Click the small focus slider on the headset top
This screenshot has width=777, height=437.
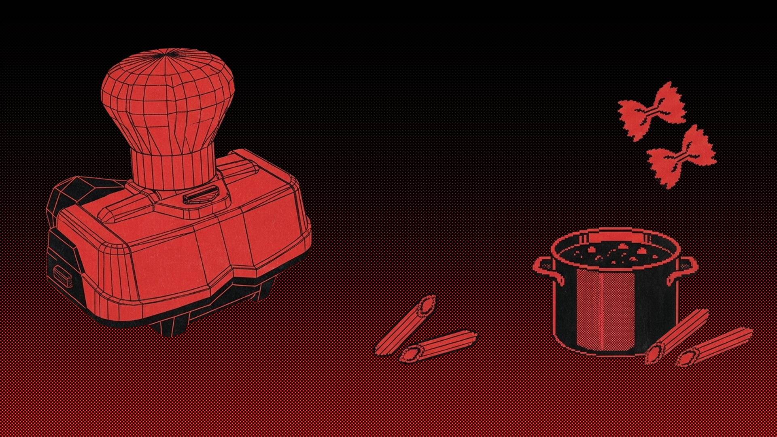(201, 196)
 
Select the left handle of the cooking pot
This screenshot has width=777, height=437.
(546, 269)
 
